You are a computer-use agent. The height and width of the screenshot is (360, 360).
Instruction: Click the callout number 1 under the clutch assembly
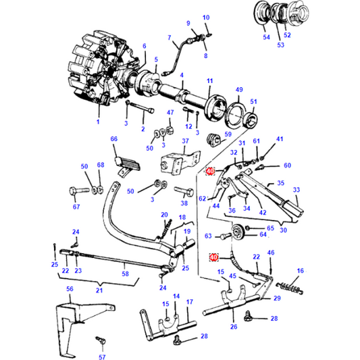point(97,122)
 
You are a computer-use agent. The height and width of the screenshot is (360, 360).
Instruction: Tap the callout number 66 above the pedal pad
point(114,139)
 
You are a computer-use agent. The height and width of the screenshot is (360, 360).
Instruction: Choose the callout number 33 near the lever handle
point(295,191)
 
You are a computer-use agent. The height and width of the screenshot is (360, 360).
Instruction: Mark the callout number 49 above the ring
point(238,90)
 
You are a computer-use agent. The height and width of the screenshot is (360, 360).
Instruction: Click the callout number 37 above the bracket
point(183,141)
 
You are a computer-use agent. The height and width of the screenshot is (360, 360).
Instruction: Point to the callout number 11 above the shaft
point(209,81)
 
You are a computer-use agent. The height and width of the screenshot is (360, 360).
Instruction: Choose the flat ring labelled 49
point(234,111)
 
